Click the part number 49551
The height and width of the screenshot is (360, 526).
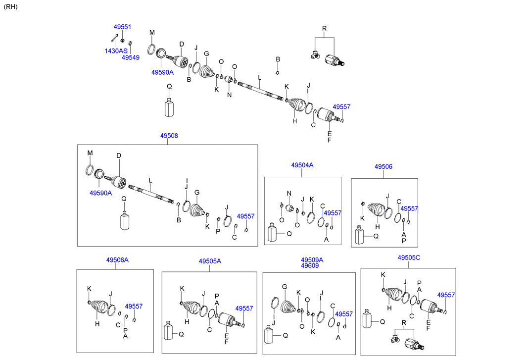click(122, 27)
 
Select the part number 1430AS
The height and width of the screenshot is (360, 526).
click(116, 51)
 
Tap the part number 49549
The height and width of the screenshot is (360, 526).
click(131, 57)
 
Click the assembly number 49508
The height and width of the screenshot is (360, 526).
click(169, 135)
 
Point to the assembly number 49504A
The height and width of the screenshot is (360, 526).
click(302, 165)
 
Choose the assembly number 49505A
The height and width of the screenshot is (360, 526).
click(210, 261)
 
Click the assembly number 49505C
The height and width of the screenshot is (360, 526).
click(409, 257)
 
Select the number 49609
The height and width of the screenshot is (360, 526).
click(310, 265)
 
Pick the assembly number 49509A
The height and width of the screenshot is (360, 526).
click(312, 259)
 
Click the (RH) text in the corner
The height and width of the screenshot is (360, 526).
click(10, 6)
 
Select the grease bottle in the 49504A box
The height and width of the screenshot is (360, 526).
click(272, 233)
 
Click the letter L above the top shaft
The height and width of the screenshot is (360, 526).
click(259, 77)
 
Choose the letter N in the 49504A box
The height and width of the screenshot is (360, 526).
click(289, 193)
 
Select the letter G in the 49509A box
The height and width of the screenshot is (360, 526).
click(285, 287)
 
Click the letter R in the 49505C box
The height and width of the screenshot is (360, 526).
click(404, 322)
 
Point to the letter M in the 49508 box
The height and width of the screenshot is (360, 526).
click(90, 153)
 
